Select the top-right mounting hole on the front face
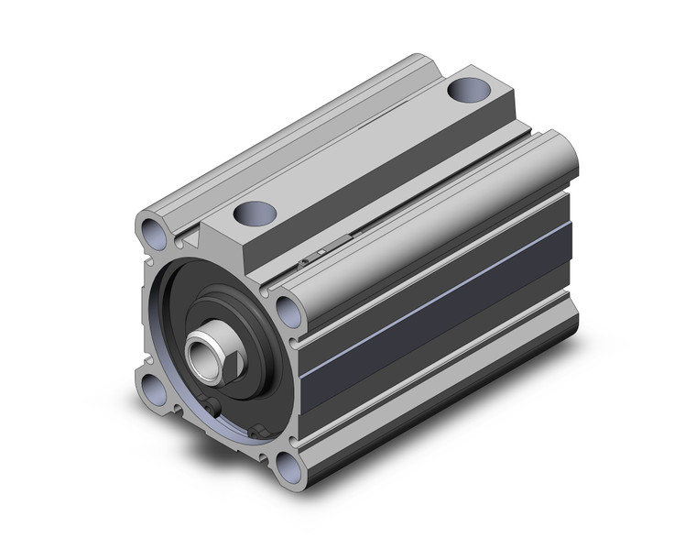coord(289,309)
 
